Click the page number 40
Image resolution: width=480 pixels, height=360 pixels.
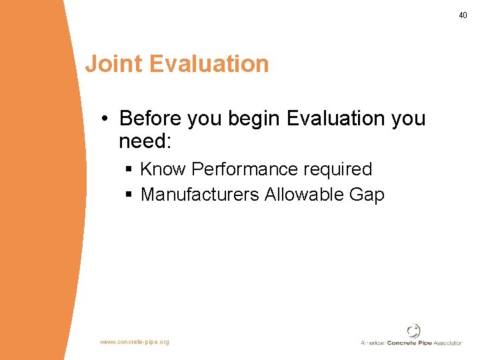[x=463, y=15]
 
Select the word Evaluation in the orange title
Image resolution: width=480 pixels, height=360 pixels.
[x=209, y=64]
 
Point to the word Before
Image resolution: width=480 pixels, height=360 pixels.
[x=150, y=119]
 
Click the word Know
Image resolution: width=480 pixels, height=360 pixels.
[x=163, y=169]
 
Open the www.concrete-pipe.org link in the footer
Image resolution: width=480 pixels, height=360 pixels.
[x=135, y=342]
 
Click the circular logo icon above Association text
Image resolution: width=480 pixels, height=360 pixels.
[x=414, y=331]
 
